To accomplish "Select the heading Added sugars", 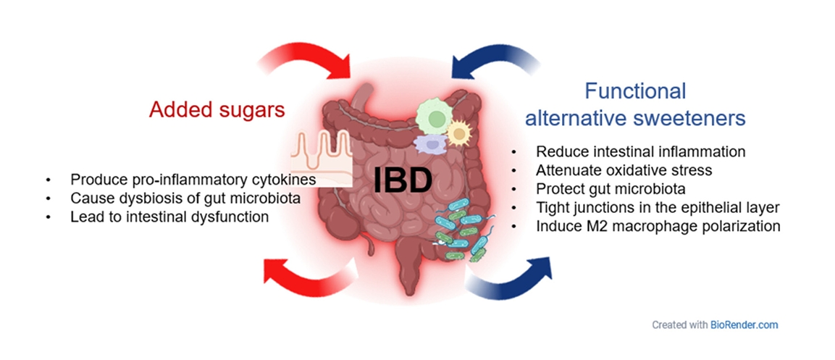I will (217, 110).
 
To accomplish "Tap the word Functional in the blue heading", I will (635, 91).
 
